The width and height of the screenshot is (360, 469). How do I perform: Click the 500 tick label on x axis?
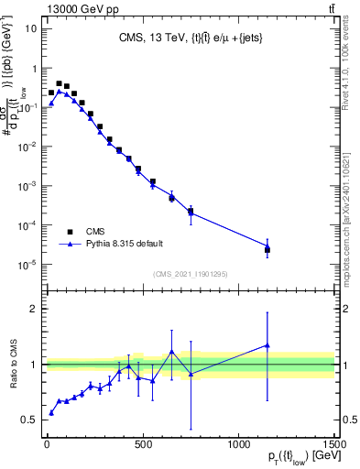tap(142, 445)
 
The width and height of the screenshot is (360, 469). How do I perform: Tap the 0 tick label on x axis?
tap(46, 445)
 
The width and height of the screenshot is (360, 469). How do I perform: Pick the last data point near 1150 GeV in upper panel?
tap(267, 248)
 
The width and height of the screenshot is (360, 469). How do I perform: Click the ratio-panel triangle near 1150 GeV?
tap(267, 345)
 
